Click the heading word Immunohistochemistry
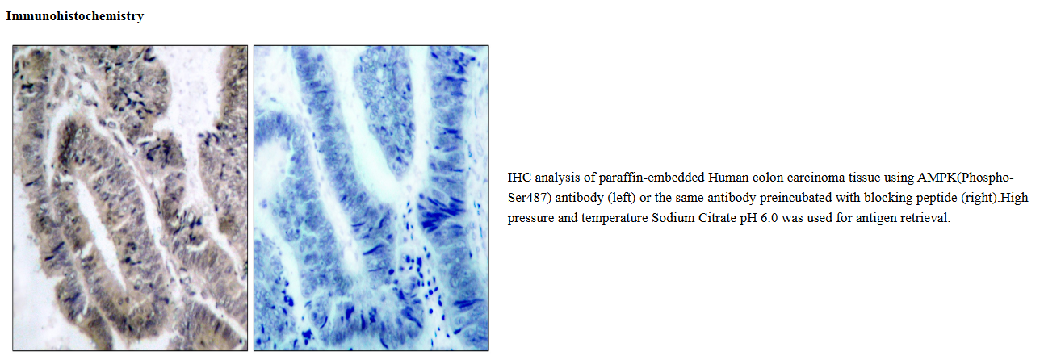click(x=74, y=16)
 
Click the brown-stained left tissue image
click(x=130, y=198)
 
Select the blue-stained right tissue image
click(x=371, y=198)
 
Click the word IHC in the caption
click(x=519, y=178)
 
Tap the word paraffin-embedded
click(x=651, y=178)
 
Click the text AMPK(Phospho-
click(x=965, y=178)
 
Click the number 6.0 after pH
click(x=769, y=218)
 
